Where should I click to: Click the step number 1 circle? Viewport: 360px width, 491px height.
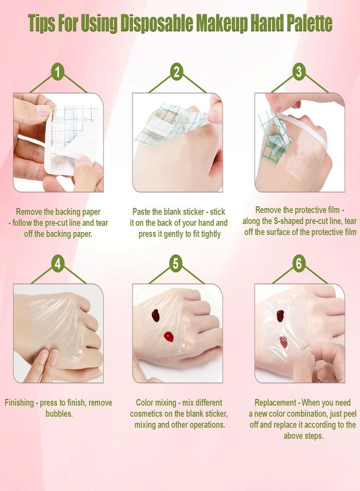pos(58,72)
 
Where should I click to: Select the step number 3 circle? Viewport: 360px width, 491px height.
pos(299,71)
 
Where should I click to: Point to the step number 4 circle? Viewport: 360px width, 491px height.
pos(58,264)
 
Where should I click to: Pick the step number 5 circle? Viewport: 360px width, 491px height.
pos(176,264)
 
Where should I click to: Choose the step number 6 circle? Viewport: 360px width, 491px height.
pos(299,264)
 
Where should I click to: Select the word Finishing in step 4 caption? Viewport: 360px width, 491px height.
pos(19,403)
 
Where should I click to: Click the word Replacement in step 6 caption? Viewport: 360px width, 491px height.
pos(275,403)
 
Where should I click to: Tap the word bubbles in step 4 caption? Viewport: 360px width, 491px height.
pos(59,414)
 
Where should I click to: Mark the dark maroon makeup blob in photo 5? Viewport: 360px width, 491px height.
pos(155,315)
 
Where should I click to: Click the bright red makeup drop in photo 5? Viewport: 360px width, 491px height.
pos(169,337)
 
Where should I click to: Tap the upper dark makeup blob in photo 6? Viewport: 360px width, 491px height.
pos(280,316)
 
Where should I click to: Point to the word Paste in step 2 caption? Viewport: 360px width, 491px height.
pos(141,212)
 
